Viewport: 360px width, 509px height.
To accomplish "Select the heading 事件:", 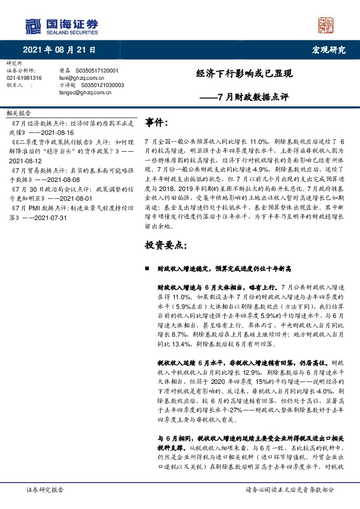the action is [x=158, y=123].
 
